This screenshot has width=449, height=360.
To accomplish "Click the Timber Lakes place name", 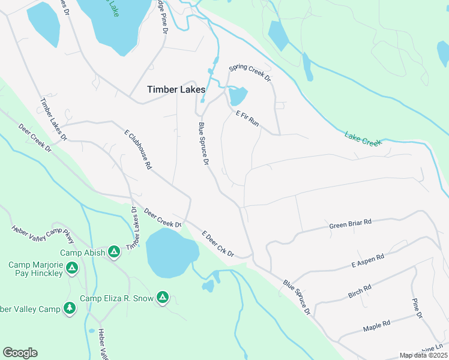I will (x=176, y=89).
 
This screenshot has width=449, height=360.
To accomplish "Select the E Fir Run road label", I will (x=247, y=118).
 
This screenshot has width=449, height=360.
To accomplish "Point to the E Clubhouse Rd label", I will (x=137, y=149).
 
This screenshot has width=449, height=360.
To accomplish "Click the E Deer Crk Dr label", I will (x=217, y=245).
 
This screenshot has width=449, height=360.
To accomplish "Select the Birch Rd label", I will (x=360, y=291).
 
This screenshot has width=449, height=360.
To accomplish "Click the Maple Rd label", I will (x=377, y=326).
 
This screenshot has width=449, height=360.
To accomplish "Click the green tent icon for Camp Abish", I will (x=113, y=252).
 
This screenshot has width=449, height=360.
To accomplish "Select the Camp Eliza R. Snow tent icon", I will (x=162, y=297).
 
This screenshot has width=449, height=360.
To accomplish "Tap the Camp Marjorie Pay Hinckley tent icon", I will (x=71, y=268).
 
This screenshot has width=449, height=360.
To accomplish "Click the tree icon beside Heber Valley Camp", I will (x=70, y=308).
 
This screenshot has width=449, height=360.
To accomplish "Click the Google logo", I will (x=20, y=352).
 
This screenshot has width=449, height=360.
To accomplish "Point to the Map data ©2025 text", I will (x=423, y=355).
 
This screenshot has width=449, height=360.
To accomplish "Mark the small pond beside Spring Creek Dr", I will (x=238, y=95).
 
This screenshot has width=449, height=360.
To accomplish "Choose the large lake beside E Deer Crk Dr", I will (x=170, y=252).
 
